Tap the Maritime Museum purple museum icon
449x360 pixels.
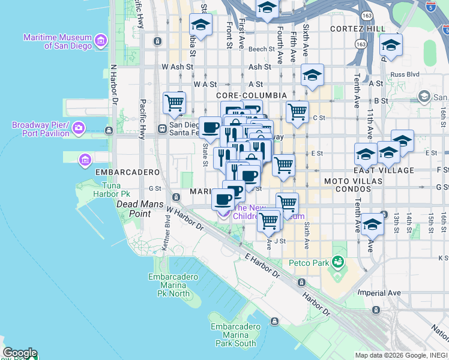(101, 41)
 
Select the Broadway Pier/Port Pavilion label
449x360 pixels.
(41, 129)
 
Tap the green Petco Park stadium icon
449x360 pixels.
(339, 262)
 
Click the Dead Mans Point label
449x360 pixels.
(133, 205)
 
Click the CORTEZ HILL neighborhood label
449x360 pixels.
(360, 29)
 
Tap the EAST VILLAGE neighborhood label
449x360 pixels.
(389, 170)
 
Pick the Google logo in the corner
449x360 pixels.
(20, 353)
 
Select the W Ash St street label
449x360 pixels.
(174, 67)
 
